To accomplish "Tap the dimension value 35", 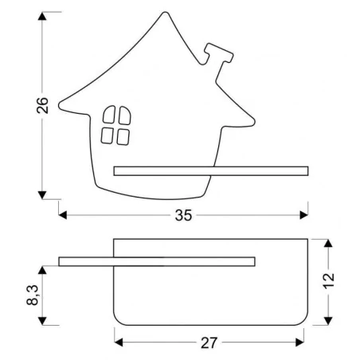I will click(x=184, y=215).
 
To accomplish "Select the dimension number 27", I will click(x=209, y=343).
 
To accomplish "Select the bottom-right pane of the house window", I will click(x=123, y=136).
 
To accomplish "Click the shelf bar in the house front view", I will click(x=210, y=170).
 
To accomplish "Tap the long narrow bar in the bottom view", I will click(x=156, y=260).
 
